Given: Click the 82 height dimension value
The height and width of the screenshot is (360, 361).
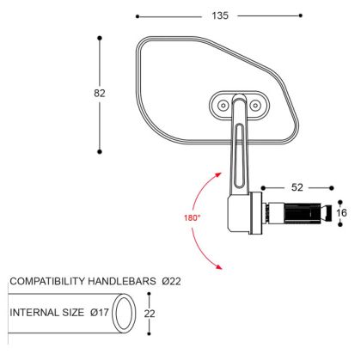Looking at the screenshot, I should tap(100, 93).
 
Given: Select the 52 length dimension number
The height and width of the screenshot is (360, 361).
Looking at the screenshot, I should tap(297, 186).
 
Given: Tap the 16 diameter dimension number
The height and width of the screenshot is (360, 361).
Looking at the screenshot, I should tap(340, 212).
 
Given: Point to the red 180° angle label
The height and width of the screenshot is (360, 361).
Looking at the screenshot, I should tap(191, 217).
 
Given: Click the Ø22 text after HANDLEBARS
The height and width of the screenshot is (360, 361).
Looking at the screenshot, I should tap(170, 281).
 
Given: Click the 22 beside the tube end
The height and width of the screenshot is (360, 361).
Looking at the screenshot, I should tap(149, 315).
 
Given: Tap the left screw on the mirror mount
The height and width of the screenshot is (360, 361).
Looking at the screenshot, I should tap(223, 105).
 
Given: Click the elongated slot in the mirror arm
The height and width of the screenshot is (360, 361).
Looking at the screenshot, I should tap(236, 149).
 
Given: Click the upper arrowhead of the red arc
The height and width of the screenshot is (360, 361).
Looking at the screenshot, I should tap(215, 172).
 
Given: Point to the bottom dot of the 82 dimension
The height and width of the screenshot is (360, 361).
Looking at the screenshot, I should tap(100, 151).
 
